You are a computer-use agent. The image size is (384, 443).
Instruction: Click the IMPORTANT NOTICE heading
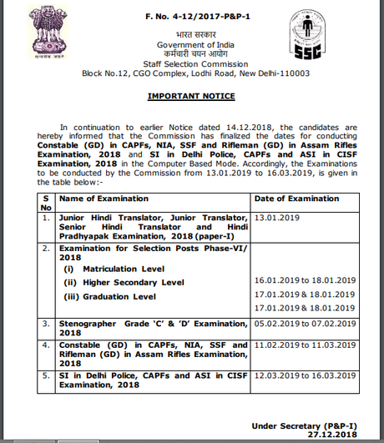192,96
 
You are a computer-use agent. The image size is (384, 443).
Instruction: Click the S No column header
46,203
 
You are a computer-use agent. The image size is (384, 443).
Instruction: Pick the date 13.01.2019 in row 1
278,215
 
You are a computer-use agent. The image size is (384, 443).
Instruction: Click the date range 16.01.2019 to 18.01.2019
306,283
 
